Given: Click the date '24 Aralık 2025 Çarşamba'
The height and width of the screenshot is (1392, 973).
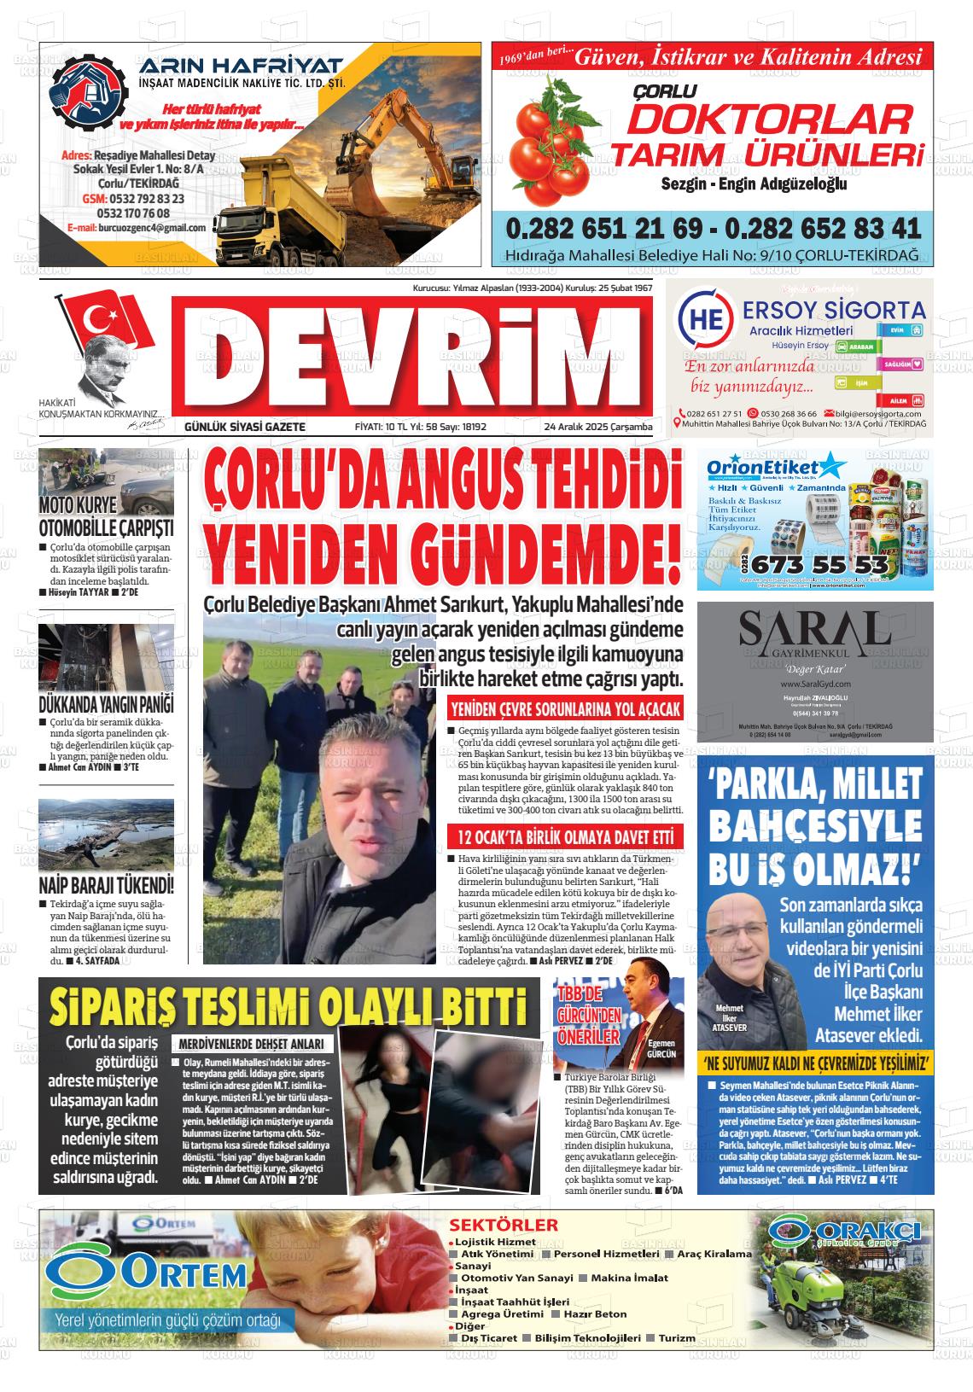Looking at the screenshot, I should point(598,427).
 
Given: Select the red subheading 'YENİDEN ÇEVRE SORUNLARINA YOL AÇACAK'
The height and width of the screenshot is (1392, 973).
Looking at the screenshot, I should point(565,708).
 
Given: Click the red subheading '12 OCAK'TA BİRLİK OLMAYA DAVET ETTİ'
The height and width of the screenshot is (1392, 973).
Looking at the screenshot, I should point(565,836).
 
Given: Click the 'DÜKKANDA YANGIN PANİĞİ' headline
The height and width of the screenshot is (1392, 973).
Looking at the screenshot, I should point(107,705).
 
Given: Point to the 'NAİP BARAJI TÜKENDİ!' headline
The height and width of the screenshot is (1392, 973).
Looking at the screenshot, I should point(107,883).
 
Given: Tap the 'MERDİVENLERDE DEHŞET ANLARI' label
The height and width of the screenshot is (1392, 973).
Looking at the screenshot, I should point(251,1044).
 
